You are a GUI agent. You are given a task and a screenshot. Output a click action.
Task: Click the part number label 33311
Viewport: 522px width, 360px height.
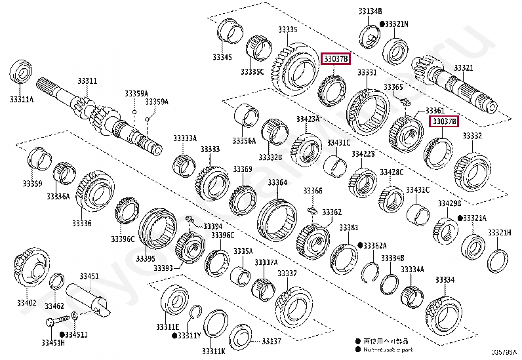pos(87,81)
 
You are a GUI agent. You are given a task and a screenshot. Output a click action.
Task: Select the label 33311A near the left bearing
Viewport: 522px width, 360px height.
pos(22,99)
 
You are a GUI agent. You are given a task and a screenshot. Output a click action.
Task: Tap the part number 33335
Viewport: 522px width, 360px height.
pos(287,30)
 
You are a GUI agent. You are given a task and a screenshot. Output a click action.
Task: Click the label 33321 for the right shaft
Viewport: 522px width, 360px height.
pos(463,68)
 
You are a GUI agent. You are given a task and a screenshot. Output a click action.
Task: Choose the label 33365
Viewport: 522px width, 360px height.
pos(393,87)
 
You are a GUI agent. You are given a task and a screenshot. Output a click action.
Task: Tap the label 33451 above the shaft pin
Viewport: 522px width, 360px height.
pos(90,276)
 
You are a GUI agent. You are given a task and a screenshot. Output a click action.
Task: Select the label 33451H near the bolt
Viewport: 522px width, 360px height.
pos(53,342)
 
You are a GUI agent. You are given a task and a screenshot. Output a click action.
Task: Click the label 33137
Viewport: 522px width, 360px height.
pos(271,341)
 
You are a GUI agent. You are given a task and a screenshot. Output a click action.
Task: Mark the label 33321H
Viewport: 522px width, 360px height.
pos(500,233)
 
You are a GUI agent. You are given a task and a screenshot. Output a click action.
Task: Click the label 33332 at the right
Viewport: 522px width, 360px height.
pos(472,136)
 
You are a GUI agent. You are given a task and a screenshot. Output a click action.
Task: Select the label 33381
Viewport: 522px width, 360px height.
pos(348,228)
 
